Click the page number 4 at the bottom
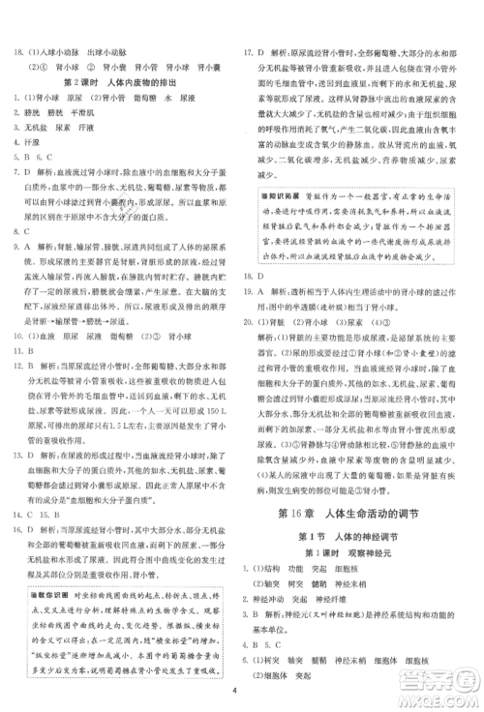point(236,691)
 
